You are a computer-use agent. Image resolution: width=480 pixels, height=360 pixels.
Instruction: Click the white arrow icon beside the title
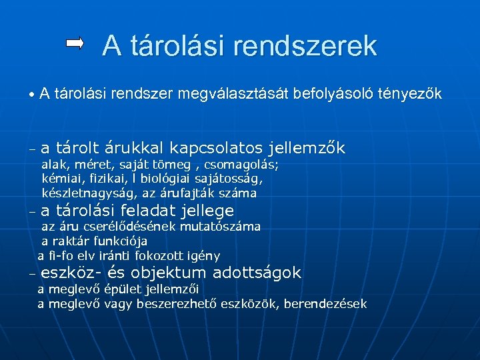[75, 44]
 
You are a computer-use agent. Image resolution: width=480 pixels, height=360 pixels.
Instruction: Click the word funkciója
[121, 241]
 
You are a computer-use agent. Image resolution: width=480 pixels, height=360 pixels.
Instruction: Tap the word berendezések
[327, 304]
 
